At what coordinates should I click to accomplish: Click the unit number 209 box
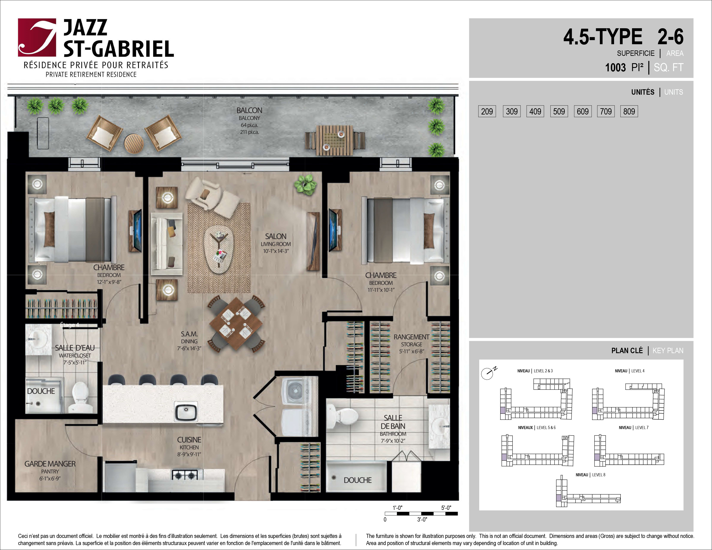[487, 111]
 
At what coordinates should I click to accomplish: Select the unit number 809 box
[629, 111]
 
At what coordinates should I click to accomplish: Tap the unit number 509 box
[559, 111]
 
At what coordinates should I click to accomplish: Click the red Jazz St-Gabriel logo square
[37, 38]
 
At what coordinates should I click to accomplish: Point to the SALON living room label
[276, 243]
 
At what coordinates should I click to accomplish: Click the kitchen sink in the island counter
[186, 411]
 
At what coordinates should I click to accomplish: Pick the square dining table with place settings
[236, 324]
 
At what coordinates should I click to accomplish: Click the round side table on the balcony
[134, 144]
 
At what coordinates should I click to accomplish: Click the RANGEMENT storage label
[411, 344]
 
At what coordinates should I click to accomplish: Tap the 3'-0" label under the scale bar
[422, 519]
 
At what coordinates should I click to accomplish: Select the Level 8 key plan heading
[590, 475]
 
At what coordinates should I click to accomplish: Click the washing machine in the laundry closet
[295, 391]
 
